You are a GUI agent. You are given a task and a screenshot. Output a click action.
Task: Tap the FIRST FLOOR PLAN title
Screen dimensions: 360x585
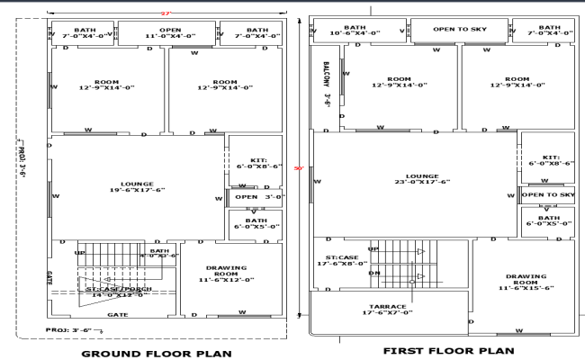click(x=447, y=350)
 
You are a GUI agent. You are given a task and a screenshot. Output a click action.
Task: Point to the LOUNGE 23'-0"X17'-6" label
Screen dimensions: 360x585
click(x=421, y=179)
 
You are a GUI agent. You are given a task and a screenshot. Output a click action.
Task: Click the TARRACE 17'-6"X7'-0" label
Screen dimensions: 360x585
click(x=387, y=309)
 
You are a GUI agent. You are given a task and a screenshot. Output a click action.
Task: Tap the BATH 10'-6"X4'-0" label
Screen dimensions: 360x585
click(x=354, y=31)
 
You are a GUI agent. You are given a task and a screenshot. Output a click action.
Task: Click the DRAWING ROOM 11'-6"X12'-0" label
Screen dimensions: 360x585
click(x=226, y=274)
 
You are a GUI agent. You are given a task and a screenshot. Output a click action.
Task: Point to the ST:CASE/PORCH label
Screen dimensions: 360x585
click(x=117, y=292)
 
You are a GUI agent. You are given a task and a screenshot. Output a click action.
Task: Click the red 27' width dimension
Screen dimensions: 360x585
click(x=166, y=13)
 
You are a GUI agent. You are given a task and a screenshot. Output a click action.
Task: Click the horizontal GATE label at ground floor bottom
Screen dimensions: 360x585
click(x=117, y=315)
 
